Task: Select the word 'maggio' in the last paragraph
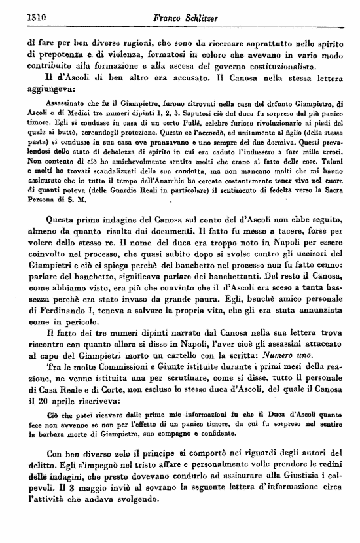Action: tap(67, 489)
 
